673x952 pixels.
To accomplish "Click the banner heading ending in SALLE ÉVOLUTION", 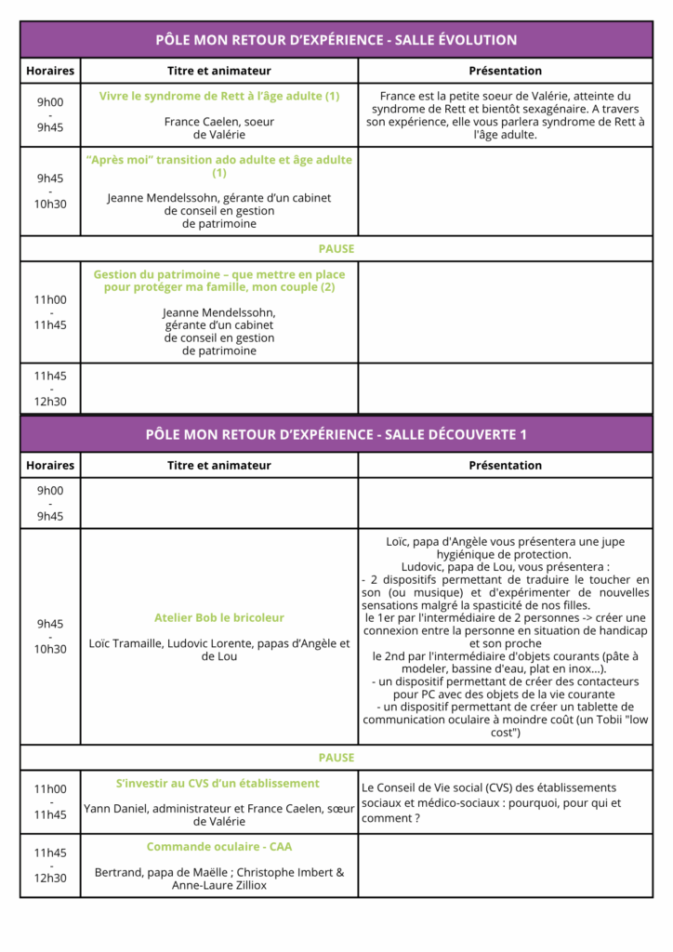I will (x=336, y=40).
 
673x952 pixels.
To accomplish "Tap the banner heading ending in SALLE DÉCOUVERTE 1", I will (x=336, y=435).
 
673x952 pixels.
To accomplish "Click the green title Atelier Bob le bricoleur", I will (x=219, y=618).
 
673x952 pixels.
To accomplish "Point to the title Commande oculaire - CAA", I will (x=219, y=847).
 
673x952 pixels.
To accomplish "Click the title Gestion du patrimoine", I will (x=219, y=281).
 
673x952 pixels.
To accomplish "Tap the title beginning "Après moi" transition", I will (x=219, y=166).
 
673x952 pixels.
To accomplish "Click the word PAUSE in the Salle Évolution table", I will (x=336, y=249).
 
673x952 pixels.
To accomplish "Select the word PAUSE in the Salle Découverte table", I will (x=336, y=758).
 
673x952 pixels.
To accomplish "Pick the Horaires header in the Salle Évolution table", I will (x=50, y=71).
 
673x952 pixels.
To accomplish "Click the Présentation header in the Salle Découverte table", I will (x=505, y=466).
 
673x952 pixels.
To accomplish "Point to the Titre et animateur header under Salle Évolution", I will (x=219, y=71).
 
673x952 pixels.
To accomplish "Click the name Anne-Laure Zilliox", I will (x=219, y=886).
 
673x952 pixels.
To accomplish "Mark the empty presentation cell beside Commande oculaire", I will (x=505, y=866).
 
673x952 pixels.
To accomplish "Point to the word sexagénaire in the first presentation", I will (x=549, y=109).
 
